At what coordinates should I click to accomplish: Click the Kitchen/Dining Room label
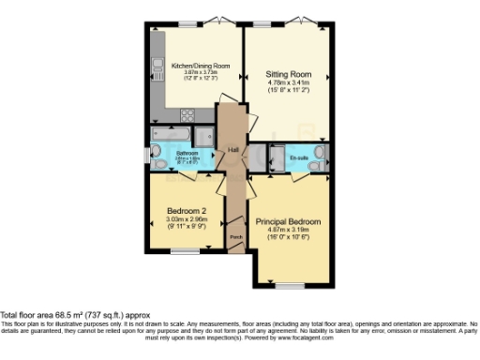pyautogui.click(x=194, y=66)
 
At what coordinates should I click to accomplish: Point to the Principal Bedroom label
pyautogui.click(x=289, y=222)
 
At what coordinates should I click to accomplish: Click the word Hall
pyautogui.click(x=233, y=150)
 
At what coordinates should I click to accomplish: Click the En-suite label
pyautogui.click(x=299, y=157)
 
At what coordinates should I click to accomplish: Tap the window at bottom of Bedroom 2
pyautogui.click(x=185, y=250)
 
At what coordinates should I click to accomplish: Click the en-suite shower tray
pyautogui.click(x=278, y=157)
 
